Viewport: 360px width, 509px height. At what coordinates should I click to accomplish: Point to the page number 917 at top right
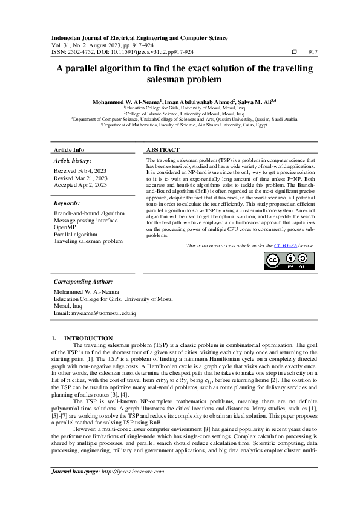313,52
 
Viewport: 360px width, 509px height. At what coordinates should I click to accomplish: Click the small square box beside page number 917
294,52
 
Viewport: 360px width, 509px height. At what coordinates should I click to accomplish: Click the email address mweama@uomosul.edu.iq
95,313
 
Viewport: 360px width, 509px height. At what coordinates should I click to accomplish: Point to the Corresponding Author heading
83,282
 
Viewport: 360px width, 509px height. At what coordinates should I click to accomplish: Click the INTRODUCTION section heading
88,338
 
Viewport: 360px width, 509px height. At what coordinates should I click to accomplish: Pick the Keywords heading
67,204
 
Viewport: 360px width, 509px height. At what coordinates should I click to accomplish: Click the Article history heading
73,161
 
